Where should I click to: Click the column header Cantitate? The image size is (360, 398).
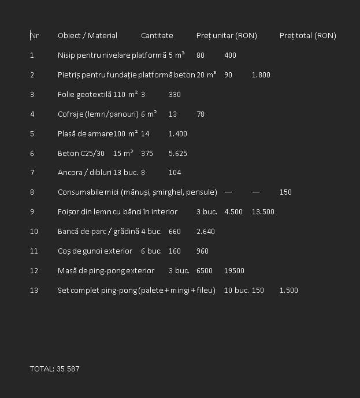click(157, 36)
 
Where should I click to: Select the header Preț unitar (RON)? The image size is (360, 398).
click(227, 36)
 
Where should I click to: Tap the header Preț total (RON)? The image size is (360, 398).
click(307, 36)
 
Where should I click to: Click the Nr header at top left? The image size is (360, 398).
click(35, 36)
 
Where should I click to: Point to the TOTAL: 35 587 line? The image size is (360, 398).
click(55, 369)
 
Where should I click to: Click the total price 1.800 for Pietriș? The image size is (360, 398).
click(261, 75)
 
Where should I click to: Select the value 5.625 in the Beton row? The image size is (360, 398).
click(178, 154)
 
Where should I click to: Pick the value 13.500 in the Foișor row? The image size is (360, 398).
click(263, 212)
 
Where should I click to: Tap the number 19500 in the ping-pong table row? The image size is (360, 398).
click(234, 271)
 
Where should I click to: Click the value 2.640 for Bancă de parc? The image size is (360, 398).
click(206, 232)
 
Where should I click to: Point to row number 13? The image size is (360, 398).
click(34, 291)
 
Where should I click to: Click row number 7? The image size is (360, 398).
click(32, 173)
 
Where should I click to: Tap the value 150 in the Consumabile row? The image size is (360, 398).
click(285, 192)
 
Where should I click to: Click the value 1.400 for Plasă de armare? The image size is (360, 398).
click(178, 134)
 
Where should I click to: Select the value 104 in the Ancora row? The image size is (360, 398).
click(175, 173)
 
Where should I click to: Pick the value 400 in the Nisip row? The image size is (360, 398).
click(230, 55)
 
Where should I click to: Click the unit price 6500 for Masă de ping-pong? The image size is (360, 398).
click(205, 271)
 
